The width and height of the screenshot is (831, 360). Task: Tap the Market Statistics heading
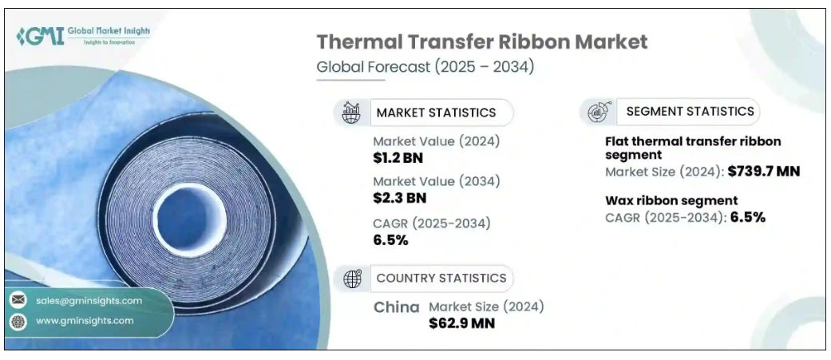(436, 113)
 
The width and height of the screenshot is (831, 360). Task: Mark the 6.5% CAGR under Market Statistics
(391, 240)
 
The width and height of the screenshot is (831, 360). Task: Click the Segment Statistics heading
(690, 111)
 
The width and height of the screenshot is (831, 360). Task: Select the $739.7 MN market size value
(764, 171)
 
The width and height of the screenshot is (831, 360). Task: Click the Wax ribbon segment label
(671, 200)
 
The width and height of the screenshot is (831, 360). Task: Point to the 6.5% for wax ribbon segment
(747, 216)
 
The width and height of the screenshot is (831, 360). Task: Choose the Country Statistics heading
(441, 278)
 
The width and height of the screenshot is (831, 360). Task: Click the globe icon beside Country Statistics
(352, 279)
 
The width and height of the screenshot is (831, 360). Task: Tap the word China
(397, 307)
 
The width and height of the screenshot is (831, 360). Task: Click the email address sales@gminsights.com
(89, 301)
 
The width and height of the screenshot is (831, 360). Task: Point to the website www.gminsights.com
(85, 321)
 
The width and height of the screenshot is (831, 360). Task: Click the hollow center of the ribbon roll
(185, 209)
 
